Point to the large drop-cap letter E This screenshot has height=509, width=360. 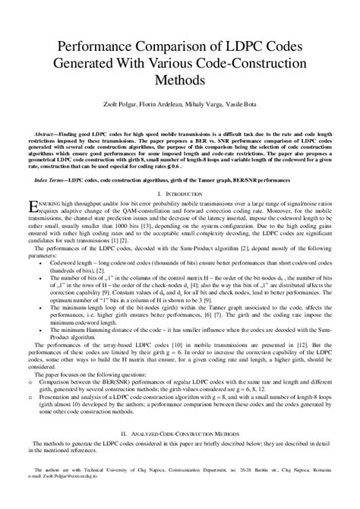point(31,206)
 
